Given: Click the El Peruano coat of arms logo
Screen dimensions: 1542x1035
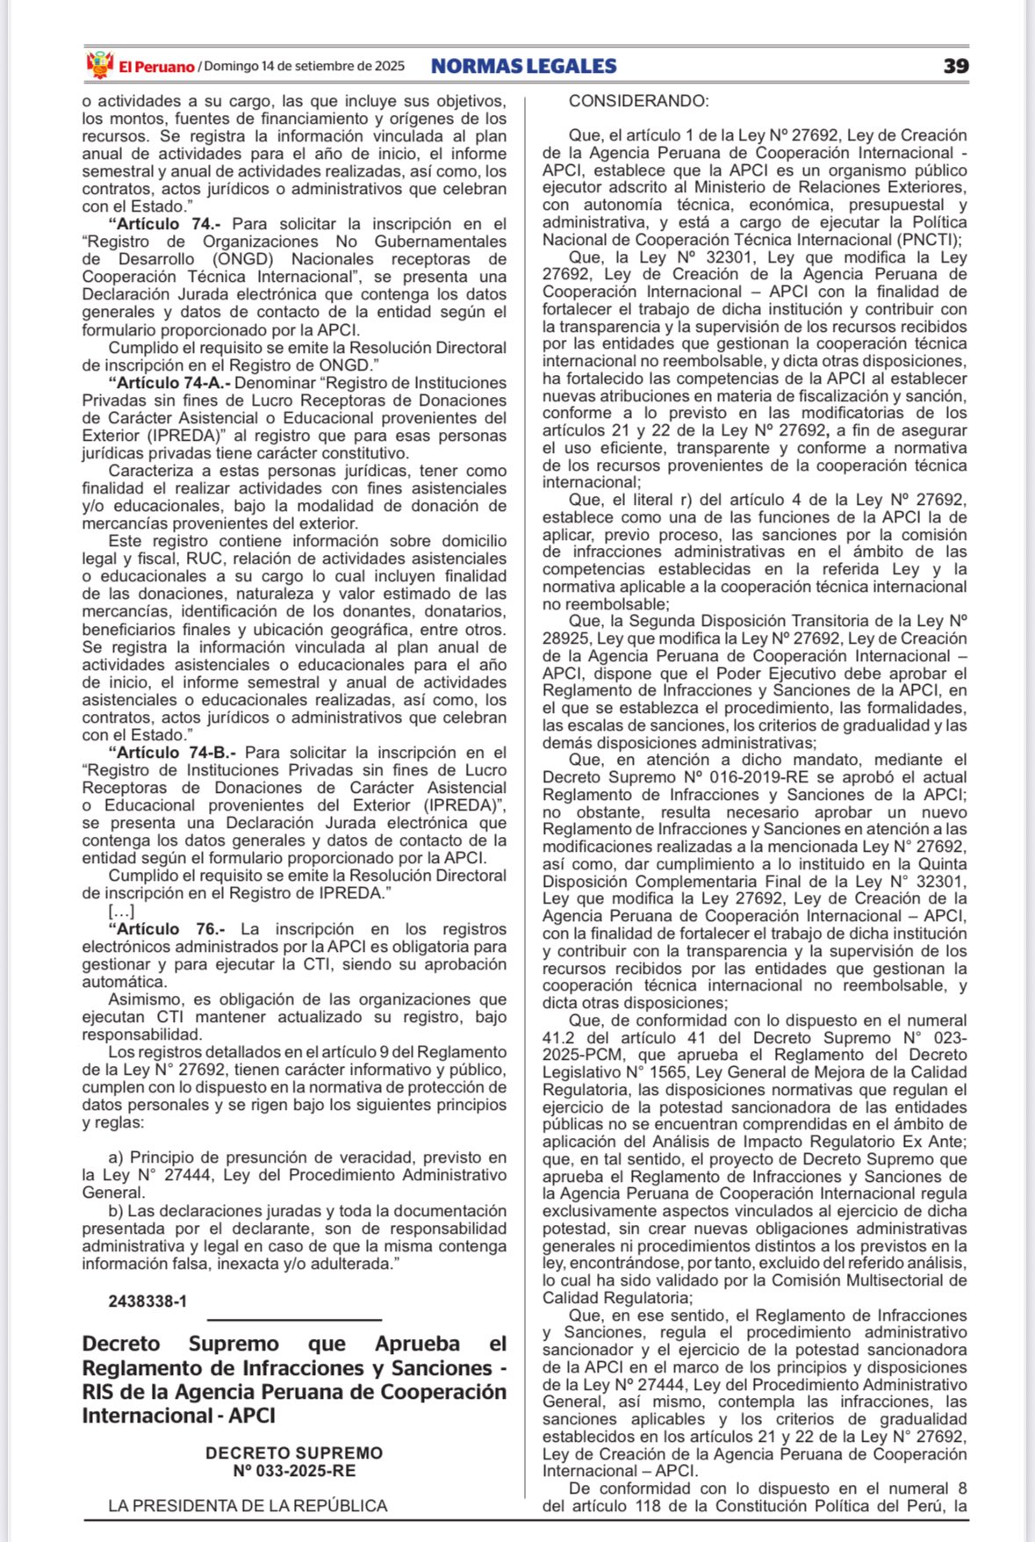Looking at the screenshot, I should point(100,65).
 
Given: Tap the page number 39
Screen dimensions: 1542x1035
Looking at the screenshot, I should point(956,66).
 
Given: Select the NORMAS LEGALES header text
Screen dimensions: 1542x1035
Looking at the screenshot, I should point(524,66).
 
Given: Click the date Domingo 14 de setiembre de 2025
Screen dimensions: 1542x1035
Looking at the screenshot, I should point(304,66).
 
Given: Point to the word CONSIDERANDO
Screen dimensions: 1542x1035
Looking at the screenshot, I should point(638,101).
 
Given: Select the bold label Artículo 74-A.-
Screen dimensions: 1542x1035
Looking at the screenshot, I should point(169,383).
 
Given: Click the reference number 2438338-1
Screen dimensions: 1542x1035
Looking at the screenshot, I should point(147,1301).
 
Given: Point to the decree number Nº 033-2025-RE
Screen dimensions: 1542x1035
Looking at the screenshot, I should point(294,1471).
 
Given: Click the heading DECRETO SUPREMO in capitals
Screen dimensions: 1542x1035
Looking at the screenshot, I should point(294,1453).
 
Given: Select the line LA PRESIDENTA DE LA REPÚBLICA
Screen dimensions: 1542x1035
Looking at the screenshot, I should point(248,1506).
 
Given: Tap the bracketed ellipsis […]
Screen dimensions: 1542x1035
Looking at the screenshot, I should point(121,912).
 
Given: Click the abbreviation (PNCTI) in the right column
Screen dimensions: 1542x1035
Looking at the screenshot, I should point(931,240).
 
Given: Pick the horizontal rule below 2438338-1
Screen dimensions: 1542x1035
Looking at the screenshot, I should point(294,1319).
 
